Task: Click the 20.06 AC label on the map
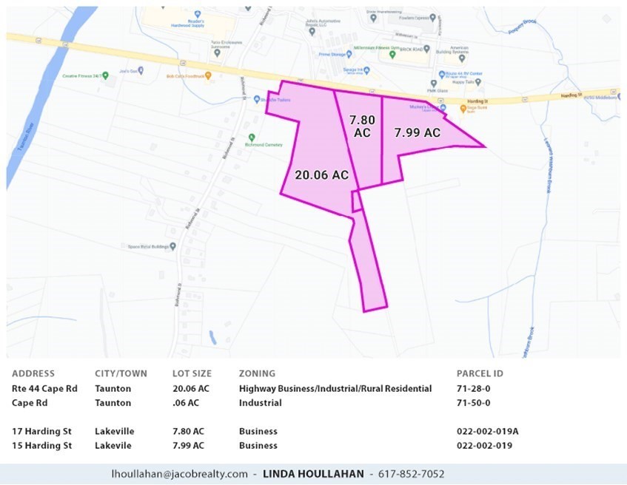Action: click(x=321, y=175)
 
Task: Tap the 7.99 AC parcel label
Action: click(x=417, y=133)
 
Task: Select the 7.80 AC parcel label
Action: click(x=362, y=126)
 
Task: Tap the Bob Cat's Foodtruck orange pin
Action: click(x=209, y=75)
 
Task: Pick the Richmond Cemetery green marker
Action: click(x=252, y=137)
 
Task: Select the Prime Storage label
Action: click(x=333, y=55)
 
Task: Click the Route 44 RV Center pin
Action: click(x=441, y=73)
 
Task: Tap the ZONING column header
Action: click(x=257, y=374)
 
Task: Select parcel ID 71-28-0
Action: click(x=474, y=389)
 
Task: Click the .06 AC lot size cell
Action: click(x=186, y=403)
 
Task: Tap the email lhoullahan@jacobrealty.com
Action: click(x=179, y=474)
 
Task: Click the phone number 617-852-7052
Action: click(x=412, y=474)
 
